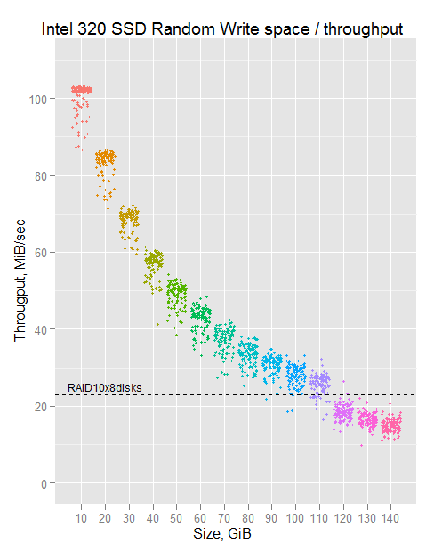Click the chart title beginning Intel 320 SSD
tap(222, 29)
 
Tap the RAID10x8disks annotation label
tap(104, 387)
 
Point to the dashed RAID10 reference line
tap(236, 394)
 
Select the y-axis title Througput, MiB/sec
tap(20, 280)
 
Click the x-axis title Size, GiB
tap(222, 533)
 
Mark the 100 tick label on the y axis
tap(38, 100)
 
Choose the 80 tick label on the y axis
tap(41, 176)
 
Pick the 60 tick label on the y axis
tap(41, 253)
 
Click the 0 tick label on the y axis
tap(44, 484)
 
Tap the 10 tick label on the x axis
tap(81, 518)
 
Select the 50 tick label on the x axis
tap(176, 518)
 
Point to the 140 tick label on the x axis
tap(390, 518)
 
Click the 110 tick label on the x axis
tap(319, 518)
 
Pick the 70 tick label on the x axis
tap(224, 518)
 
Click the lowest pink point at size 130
tap(361, 446)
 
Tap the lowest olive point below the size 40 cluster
tap(157, 324)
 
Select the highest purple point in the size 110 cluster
tap(321, 359)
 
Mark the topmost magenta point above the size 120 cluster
tap(343, 381)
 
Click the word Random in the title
tap(183, 29)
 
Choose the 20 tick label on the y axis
tap(41, 407)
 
